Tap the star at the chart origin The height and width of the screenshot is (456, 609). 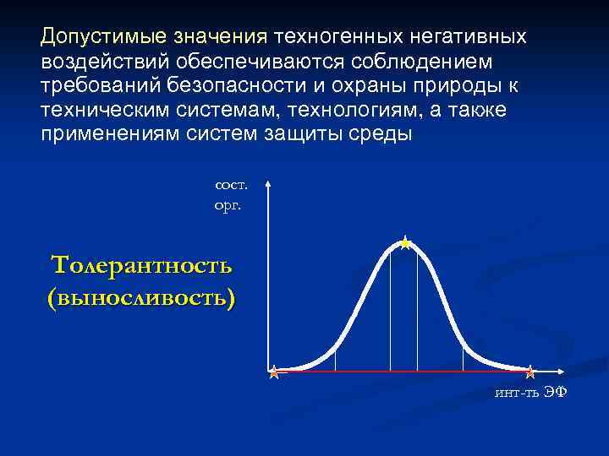(274, 372)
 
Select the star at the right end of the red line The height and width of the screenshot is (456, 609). (529, 372)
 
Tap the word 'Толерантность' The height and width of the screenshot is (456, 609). (141, 265)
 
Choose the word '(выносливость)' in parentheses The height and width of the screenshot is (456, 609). (141, 297)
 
